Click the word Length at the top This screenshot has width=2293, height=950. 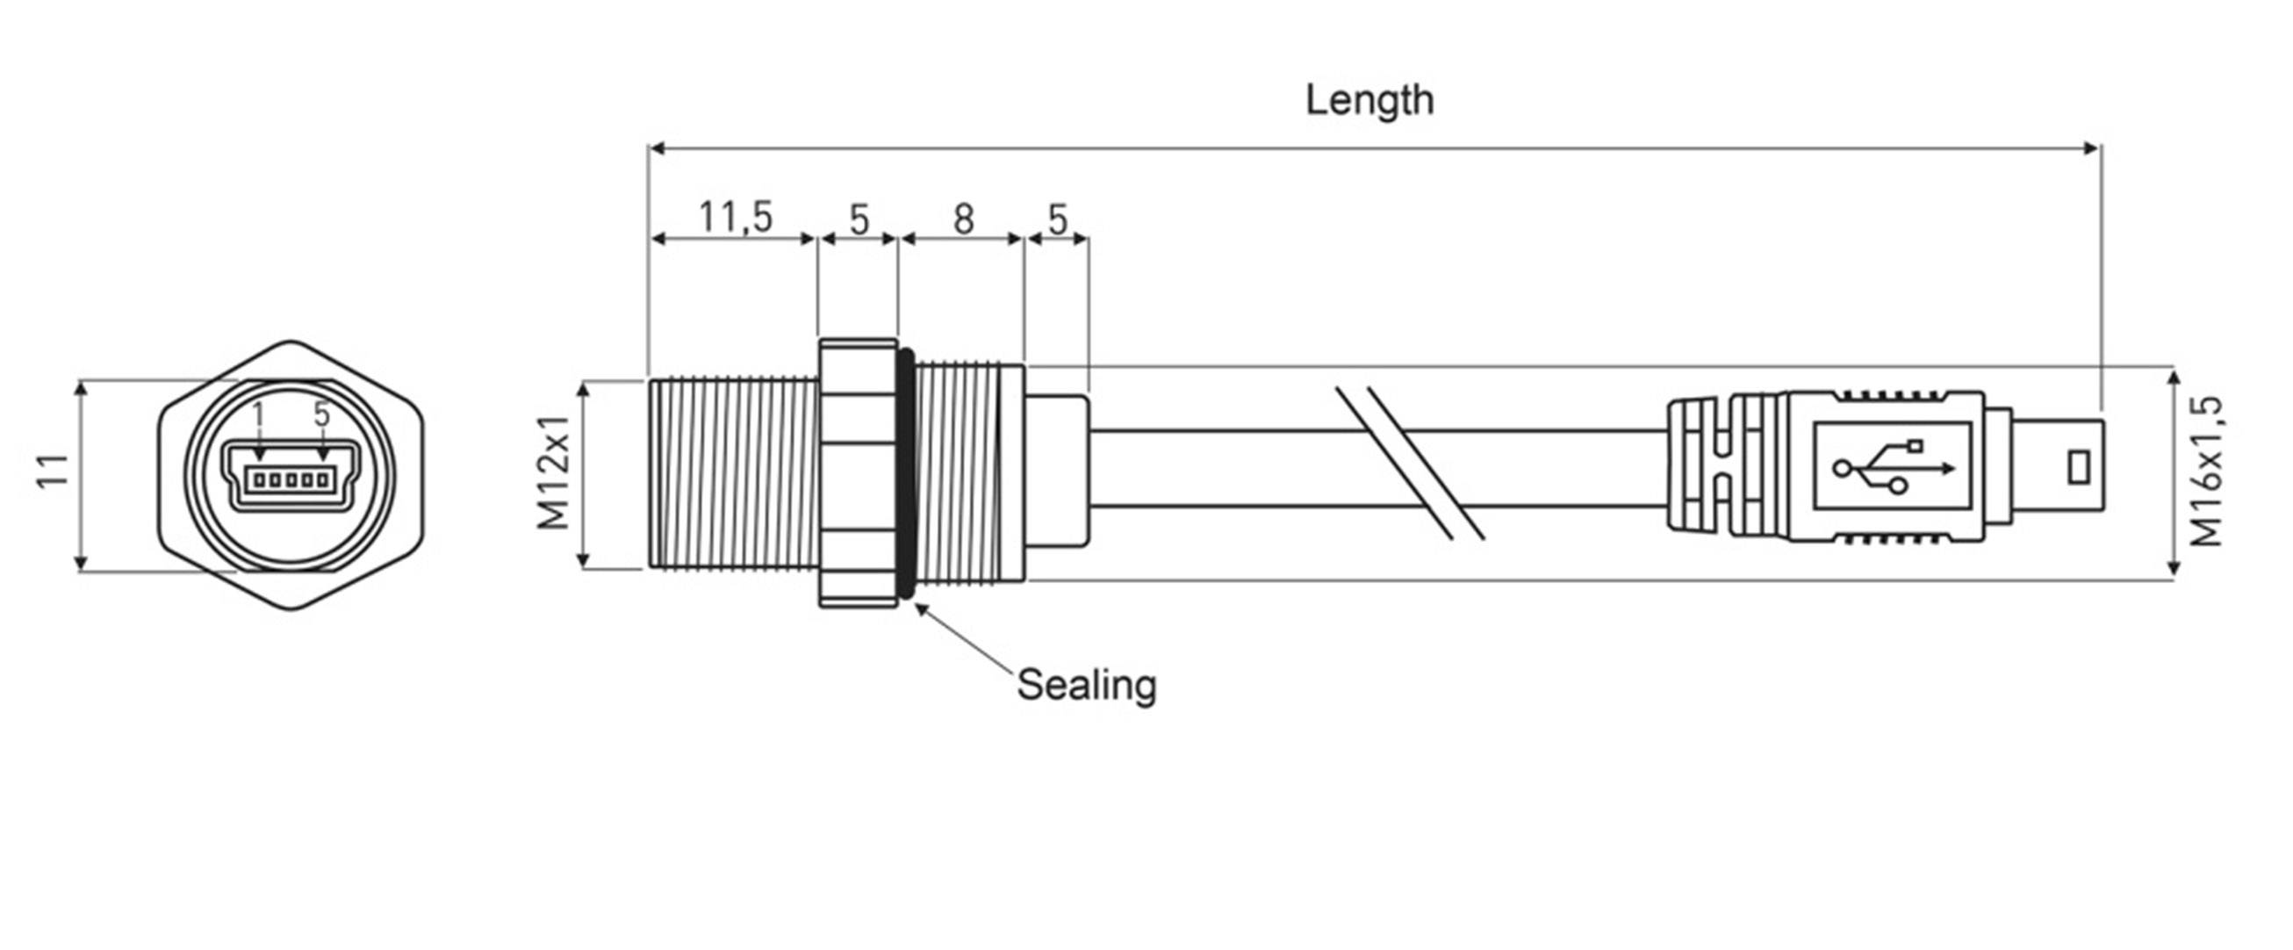coord(1369,100)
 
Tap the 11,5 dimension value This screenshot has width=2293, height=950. coord(736,216)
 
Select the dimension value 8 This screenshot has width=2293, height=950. coord(963,219)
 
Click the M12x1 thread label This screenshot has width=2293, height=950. coord(554,471)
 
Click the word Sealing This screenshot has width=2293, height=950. coord(1086,685)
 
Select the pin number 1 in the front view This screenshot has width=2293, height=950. coord(258,415)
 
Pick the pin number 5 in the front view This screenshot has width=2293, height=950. coord(321,414)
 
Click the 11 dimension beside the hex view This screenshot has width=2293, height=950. coord(54,471)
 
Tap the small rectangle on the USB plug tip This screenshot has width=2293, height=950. coord(2078,468)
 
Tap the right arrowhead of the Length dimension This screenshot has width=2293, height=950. coord(2094,148)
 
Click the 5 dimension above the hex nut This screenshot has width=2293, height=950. coord(858,219)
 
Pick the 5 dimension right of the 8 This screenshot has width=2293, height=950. coord(1057,219)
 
